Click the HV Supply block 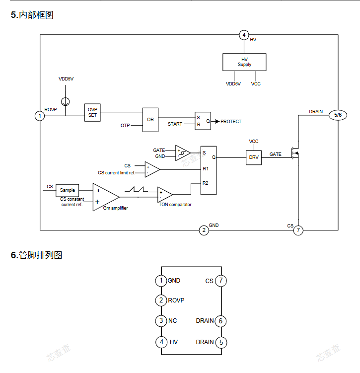(x=244, y=62)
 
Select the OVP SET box (x=92, y=112)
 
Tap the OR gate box (x=150, y=120)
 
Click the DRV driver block (x=254, y=157)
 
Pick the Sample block (x=67, y=190)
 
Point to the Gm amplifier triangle (x=104, y=197)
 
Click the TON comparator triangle (x=164, y=194)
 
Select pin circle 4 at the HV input (x=244, y=35)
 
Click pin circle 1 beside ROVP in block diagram (x=40, y=116)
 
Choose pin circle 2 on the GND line (x=204, y=230)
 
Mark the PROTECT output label (x=231, y=121)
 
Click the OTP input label (x=125, y=126)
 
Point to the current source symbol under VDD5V (x=65, y=101)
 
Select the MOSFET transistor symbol (x=296, y=154)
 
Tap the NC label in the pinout (x=172, y=321)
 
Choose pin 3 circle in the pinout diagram (x=161, y=321)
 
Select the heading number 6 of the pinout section (x=14, y=255)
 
